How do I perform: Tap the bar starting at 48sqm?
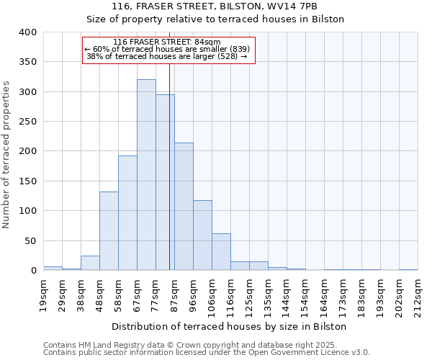[x=109, y=231]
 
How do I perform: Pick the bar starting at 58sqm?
[x=127, y=213]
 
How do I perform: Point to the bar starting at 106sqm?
[x=221, y=252]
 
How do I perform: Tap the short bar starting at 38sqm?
[x=90, y=264]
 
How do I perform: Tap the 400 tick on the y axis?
[x=28, y=32]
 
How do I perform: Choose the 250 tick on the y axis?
[x=28, y=122]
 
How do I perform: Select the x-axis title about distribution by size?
[x=230, y=326]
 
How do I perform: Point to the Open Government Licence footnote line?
[x=207, y=352]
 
